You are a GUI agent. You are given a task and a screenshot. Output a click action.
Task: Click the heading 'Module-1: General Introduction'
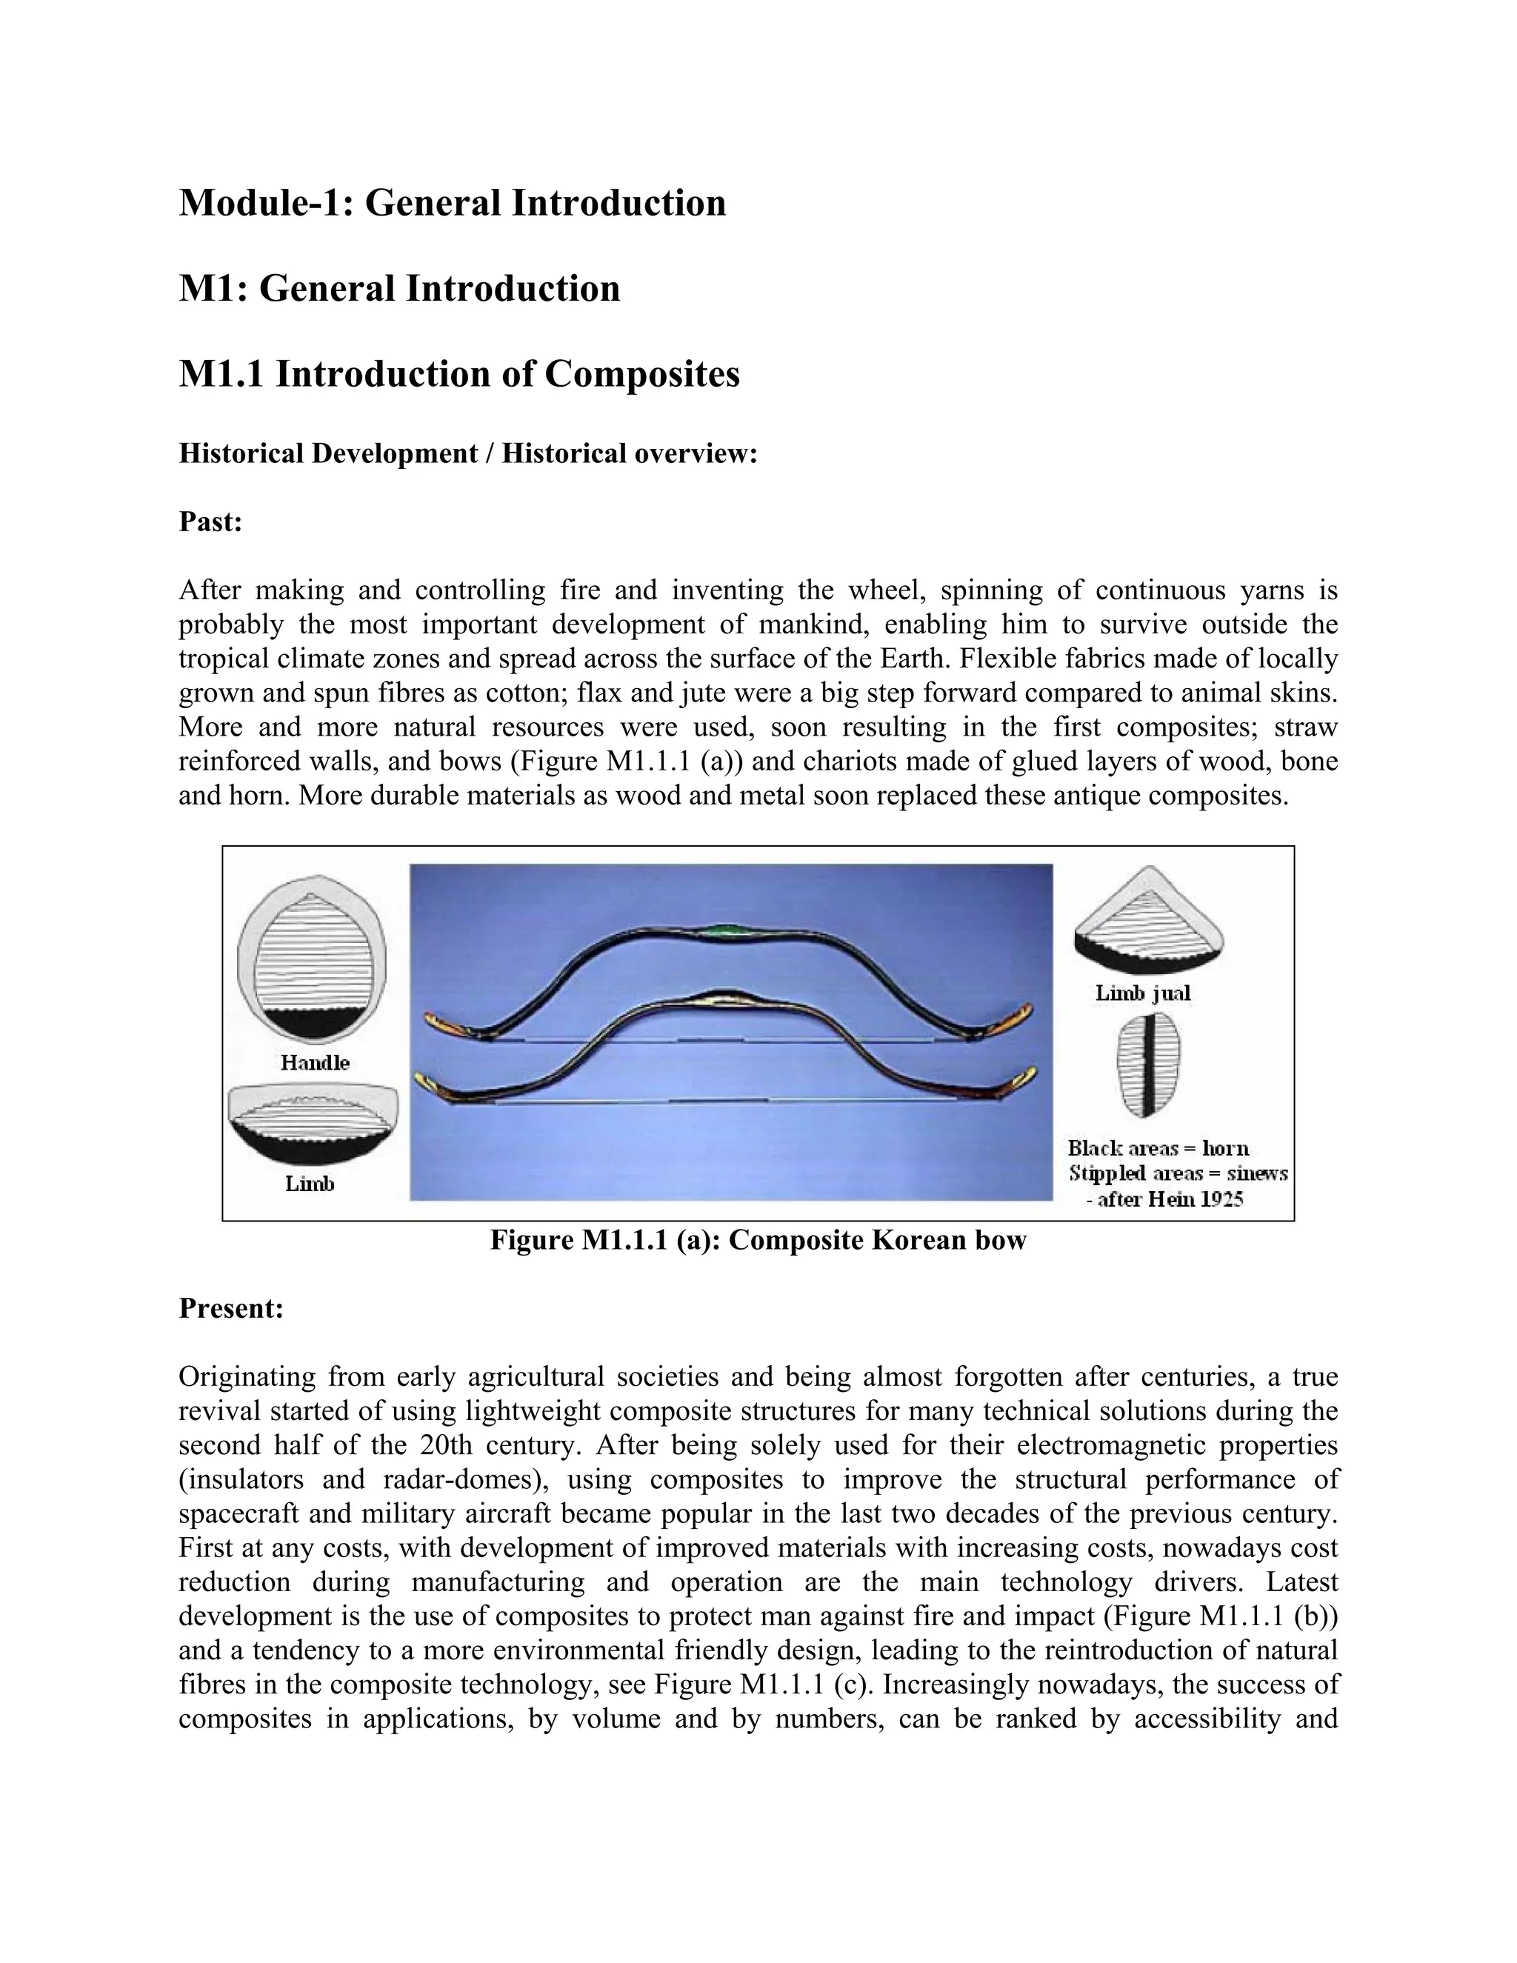pyautogui.click(x=452, y=202)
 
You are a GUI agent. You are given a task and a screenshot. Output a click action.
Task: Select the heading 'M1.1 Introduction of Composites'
pyautogui.click(x=459, y=374)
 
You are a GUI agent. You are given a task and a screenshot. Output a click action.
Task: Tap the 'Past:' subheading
pyautogui.click(x=210, y=521)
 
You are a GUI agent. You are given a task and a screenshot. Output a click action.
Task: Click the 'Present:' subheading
pyautogui.click(x=231, y=1307)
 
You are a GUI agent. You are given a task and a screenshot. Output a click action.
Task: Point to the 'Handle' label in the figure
pyautogui.click(x=315, y=1062)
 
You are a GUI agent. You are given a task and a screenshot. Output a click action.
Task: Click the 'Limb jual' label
pyautogui.click(x=1142, y=993)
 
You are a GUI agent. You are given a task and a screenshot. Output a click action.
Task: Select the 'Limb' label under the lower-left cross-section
pyautogui.click(x=309, y=1184)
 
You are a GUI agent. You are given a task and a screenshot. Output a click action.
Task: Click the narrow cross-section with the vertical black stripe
pyautogui.click(x=1147, y=1064)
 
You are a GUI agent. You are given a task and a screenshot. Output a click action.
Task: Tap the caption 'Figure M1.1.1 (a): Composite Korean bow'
pyautogui.click(x=758, y=1240)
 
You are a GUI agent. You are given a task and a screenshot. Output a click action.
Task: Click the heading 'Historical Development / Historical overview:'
pyautogui.click(x=468, y=453)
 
